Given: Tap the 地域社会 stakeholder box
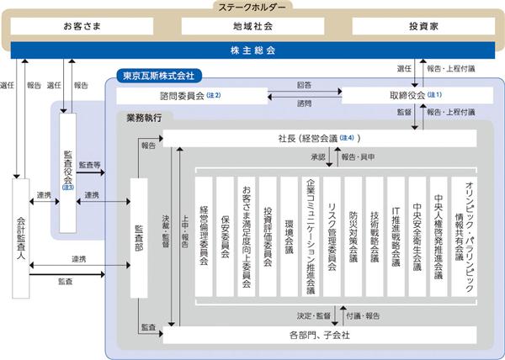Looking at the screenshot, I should (x=252, y=26).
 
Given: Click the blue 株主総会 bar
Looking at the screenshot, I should (x=252, y=50).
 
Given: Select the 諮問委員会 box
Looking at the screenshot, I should (x=191, y=95).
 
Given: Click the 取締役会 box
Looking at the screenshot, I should (x=412, y=95).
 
